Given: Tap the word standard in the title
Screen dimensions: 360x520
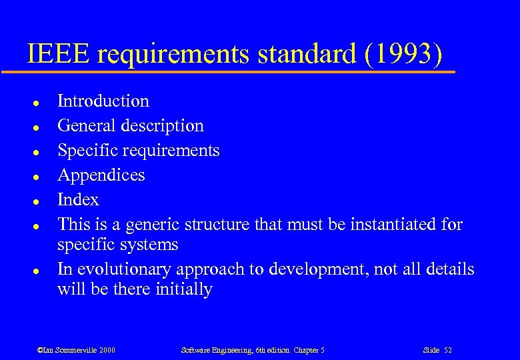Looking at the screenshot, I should (303, 54).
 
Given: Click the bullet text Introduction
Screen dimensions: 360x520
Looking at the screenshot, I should (103, 101).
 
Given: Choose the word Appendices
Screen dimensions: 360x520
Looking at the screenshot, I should (101, 175).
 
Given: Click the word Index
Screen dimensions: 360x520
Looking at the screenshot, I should (78, 200).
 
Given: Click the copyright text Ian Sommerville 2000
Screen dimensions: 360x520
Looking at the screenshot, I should (77, 350).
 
